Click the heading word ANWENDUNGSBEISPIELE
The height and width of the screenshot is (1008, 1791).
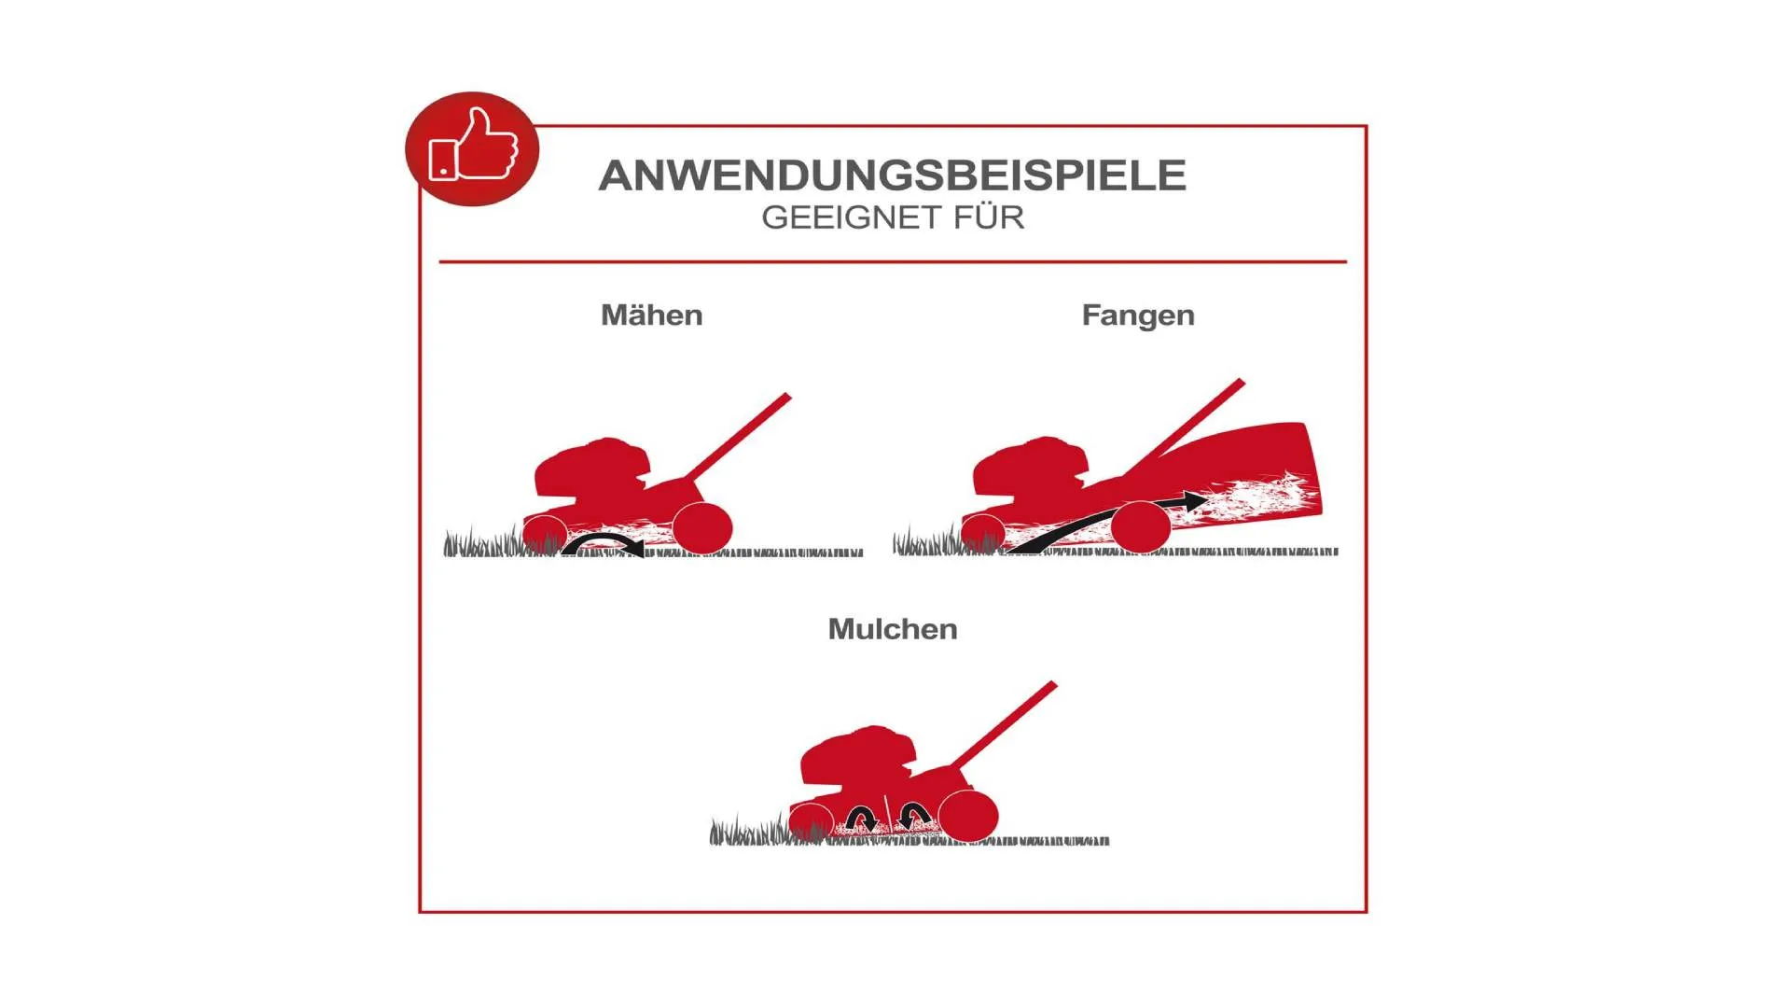(x=893, y=175)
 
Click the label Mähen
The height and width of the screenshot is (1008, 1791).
(x=652, y=315)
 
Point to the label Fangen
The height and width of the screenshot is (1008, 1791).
(x=1138, y=316)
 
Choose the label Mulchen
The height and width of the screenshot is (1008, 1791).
(x=893, y=629)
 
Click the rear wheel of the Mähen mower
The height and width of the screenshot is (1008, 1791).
(x=702, y=528)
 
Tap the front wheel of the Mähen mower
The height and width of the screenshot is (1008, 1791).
(x=545, y=535)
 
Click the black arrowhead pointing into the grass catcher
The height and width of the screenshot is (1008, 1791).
(x=1193, y=501)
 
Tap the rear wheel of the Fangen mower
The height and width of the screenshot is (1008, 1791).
(x=1141, y=527)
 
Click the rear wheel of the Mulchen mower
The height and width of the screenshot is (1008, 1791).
(x=968, y=816)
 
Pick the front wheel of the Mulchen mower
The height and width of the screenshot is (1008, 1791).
(x=812, y=822)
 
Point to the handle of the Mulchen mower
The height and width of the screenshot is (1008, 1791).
(x=1004, y=725)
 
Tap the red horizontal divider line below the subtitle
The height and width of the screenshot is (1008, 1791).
(x=893, y=262)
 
